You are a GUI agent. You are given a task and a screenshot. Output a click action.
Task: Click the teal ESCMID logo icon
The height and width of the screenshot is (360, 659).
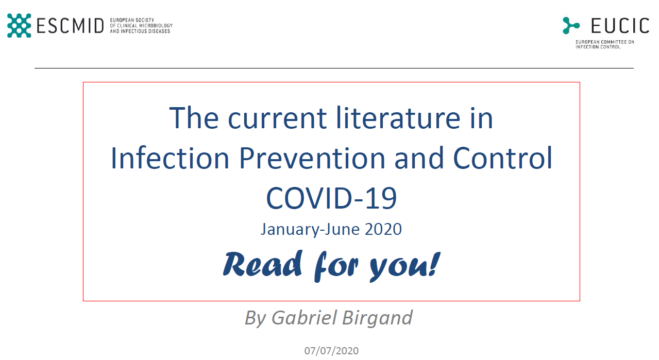coord(19,25)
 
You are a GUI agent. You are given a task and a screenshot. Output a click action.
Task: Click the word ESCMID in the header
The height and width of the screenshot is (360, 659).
coord(70,26)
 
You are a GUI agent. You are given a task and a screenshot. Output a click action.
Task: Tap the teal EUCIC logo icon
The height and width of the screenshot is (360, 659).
coord(571,25)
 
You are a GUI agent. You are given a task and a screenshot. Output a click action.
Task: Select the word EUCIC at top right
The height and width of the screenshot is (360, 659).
coord(620,26)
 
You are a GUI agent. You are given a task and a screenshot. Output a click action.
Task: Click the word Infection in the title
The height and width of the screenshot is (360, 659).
coord(170,158)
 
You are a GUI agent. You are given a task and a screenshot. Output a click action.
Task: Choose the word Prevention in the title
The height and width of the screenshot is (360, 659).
coord(312,158)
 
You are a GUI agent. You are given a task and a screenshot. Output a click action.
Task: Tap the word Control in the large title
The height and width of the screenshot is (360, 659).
coord(502,158)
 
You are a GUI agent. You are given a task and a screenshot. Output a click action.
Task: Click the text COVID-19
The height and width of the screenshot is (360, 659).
coord(331,198)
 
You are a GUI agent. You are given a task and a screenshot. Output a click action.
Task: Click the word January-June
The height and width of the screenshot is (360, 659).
coord(310,230)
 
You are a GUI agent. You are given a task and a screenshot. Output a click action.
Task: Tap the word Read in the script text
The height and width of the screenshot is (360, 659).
coord(263,264)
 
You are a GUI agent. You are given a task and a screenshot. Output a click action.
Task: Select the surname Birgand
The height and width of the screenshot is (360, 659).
coord(378,318)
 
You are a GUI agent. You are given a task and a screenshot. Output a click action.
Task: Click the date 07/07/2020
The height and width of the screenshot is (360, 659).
coord(331,351)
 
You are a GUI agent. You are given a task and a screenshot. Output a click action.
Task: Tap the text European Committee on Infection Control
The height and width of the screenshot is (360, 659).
coord(605,44)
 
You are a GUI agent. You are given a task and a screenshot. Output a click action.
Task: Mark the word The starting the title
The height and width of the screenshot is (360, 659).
coord(194,118)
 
